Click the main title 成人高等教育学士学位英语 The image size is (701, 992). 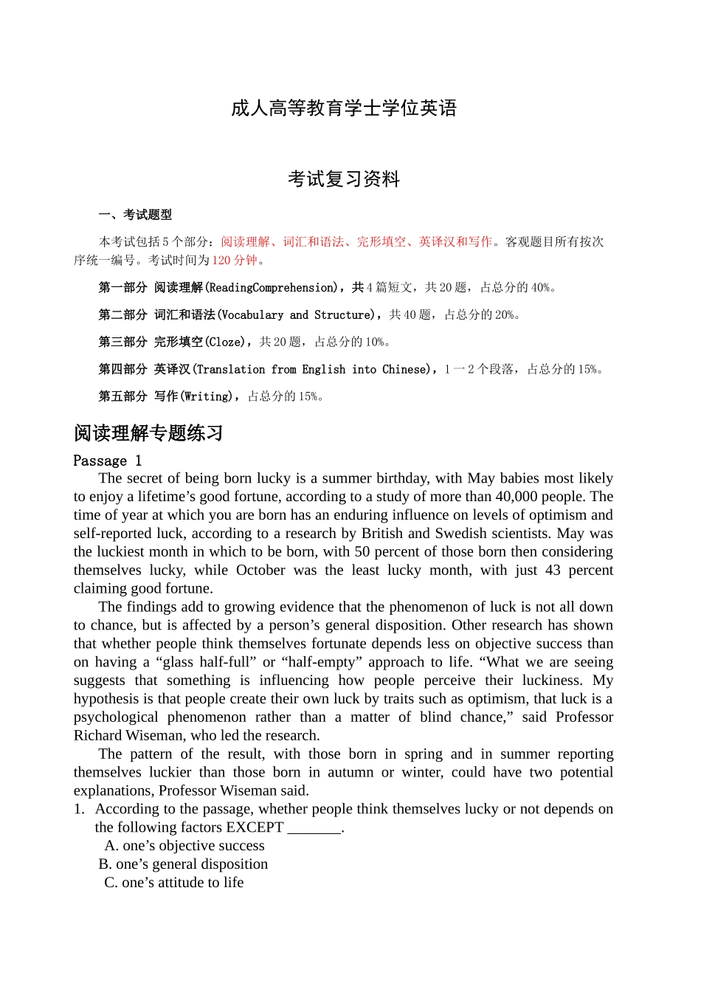pos(344,108)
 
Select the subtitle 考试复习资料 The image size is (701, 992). pos(344,179)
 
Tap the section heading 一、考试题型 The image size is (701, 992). pos(135,215)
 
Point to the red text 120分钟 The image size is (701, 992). pos(235,260)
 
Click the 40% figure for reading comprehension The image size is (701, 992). pos(541,287)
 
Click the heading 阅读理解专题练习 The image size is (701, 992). pos(148,433)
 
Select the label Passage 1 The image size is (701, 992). pos(108,461)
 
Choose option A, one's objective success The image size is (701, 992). pos(184,846)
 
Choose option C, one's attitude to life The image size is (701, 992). pos(173,883)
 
